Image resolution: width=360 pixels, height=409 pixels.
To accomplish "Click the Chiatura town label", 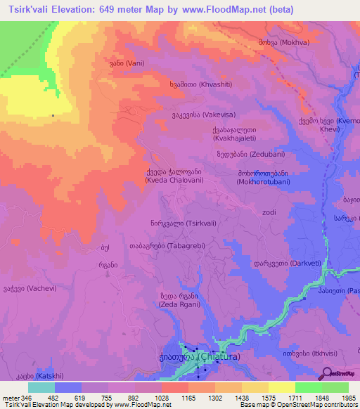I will [198, 357].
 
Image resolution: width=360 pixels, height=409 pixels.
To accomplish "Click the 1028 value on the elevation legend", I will [148, 398].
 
